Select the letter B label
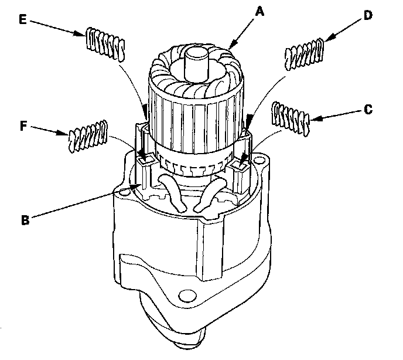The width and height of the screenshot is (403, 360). (25, 221)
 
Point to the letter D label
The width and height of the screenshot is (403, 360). (368, 16)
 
